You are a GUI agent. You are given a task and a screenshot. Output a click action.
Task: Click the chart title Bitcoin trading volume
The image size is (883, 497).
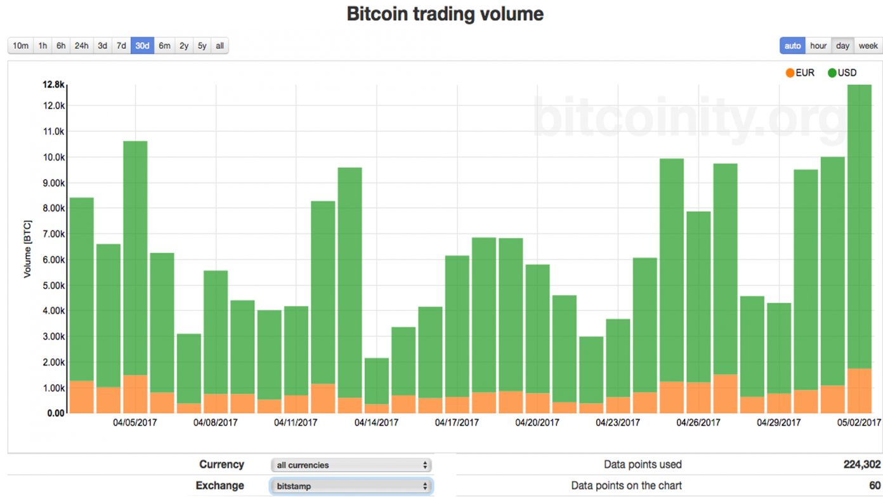pos(445,14)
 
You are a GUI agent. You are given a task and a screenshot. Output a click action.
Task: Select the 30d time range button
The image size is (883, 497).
pos(142,46)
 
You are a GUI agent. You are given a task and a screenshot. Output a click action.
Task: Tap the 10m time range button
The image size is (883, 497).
pos(21,46)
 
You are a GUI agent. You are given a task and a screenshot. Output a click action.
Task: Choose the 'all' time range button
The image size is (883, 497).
pos(219,46)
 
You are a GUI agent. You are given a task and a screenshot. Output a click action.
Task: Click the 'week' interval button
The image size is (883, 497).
pos(868,46)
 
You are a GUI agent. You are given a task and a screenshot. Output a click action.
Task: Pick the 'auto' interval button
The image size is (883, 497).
pos(792,46)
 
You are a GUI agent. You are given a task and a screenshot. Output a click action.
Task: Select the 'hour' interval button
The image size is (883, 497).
pos(818,46)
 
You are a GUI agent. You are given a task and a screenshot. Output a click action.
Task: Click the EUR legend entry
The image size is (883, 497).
pos(800,73)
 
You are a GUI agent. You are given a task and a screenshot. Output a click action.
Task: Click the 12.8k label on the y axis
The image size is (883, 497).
pos(53,84)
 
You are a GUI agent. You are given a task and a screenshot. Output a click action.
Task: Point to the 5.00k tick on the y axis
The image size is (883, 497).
pos(53,285)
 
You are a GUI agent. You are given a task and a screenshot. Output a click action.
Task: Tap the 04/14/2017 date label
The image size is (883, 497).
pos(376,422)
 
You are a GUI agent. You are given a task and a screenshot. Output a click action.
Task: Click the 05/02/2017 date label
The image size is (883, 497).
pos(859,422)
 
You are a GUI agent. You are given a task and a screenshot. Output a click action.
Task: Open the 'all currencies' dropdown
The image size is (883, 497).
pos(351,465)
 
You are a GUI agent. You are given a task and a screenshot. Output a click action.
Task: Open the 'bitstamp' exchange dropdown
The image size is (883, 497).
pos(351,486)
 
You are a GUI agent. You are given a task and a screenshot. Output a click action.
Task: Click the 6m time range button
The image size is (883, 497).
pos(164,46)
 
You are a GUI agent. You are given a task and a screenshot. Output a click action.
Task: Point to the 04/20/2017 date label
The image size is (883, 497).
pos(537,422)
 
